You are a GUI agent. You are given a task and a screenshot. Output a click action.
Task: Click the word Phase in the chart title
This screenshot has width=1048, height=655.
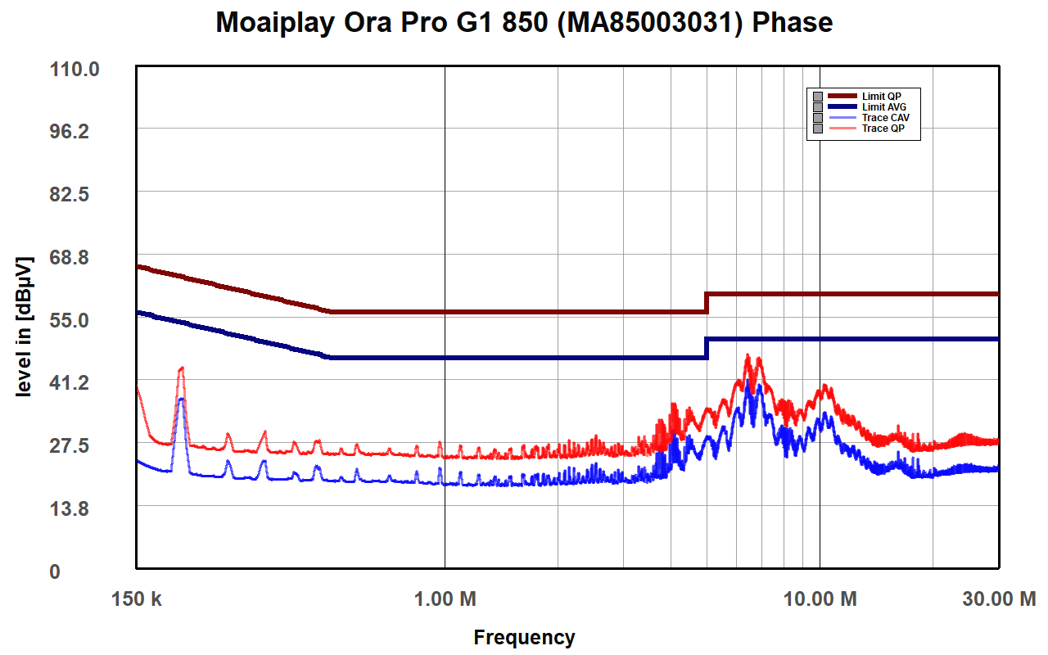pyautogui.click(x=792, y=22)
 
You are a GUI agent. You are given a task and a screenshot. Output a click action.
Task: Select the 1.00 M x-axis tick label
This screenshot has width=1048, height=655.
pyautogui.click(x=445, y=599)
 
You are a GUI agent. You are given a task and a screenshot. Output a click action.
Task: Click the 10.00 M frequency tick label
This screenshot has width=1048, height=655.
pyautogui.click(x=820, y=599)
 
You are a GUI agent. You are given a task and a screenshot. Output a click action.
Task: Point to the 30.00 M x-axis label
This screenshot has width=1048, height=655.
pyautogui.click(x=998, y=599)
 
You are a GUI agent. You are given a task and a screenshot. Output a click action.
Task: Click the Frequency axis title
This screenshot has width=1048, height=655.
pyautogui.click(x=524, y=637)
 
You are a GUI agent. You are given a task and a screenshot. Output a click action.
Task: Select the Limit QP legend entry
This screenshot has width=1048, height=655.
pyautogui.click(x=881, y=97)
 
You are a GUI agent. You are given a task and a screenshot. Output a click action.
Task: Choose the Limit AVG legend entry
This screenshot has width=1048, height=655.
pyautogui.click(x=883, y=107)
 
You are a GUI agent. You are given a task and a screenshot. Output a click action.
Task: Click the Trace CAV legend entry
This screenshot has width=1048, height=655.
pyautogui.click(x=885, y=118)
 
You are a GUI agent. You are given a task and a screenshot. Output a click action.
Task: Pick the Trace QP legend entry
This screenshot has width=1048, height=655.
pyautogui.click(x=883, y=129)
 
